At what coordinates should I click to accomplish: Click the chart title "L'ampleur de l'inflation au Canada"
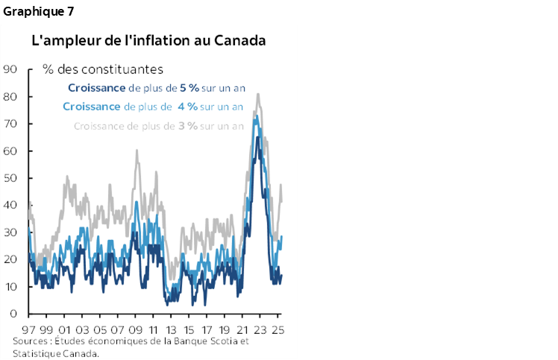click(x=148, y=40)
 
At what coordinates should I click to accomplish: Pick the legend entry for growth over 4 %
click(x=153, y=107)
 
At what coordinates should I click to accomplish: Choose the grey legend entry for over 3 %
click(x=158, y=125)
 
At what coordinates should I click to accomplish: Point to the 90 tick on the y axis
click(x=10, y=69)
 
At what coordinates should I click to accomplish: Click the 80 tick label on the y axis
click(x=10, y=96)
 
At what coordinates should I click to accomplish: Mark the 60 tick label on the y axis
click(x=10, y=151)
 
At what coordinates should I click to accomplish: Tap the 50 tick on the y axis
click(x=10, y=178)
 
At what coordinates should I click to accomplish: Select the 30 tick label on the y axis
click(x=10, y=233)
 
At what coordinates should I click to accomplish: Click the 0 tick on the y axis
click(x=13, y=314)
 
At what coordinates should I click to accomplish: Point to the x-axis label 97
click(x=29, y=329)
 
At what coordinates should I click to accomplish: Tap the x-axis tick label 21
click(x=243, y=329)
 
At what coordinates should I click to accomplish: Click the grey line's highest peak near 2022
click(x=258, y=95)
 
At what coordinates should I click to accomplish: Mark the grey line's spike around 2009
click(x=137, y=151)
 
